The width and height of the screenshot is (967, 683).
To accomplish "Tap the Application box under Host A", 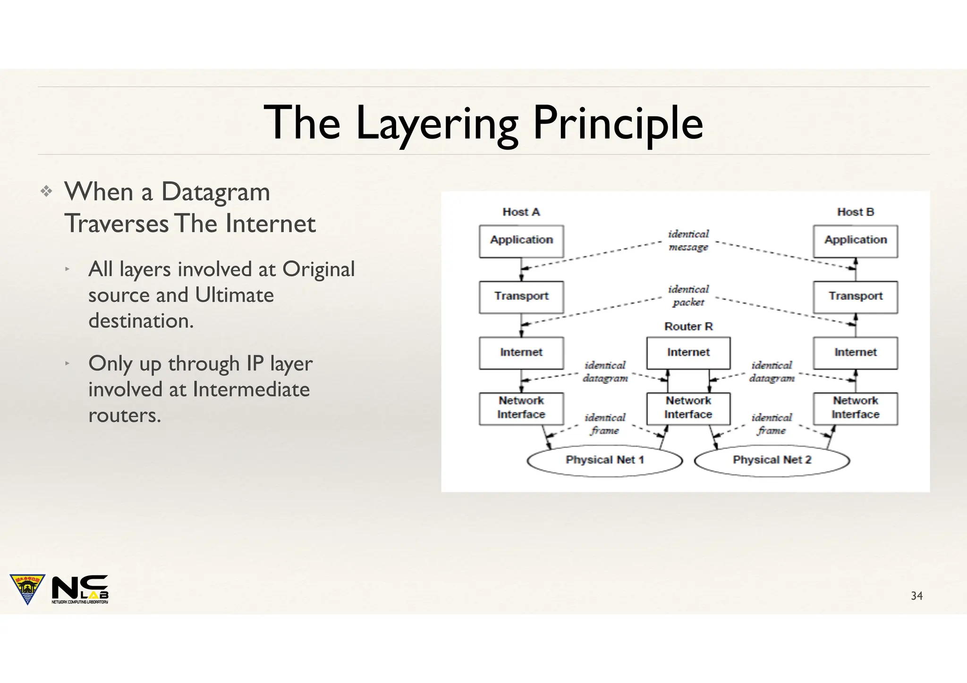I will [521, 241].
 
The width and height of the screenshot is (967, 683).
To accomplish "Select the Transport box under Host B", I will [855, 297].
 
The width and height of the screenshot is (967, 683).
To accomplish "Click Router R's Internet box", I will [688, 352].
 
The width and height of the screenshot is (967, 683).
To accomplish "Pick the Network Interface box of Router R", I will [688, 408].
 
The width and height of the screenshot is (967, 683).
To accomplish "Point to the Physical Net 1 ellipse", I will [604, 460].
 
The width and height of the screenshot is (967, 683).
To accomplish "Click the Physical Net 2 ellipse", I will [772, 460].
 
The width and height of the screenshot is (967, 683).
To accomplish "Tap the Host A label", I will [521, 212].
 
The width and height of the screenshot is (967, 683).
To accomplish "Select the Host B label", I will [855, 212].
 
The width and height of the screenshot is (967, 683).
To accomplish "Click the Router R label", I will [688, 326].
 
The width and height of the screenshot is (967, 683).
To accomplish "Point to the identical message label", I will [688, 241].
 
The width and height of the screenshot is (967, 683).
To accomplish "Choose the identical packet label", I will [688, 296].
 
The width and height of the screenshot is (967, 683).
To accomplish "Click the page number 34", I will [916, 596].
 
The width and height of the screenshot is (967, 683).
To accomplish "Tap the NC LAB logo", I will [80, 589].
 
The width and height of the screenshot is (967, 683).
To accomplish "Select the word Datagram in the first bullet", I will [215, 192].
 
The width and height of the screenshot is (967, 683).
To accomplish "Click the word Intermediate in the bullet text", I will [251, 390].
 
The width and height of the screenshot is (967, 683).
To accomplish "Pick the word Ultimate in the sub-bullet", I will [234, 295].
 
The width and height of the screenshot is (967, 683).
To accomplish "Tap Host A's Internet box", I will [521, 352].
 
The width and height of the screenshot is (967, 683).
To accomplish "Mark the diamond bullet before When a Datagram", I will [46, 192].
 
